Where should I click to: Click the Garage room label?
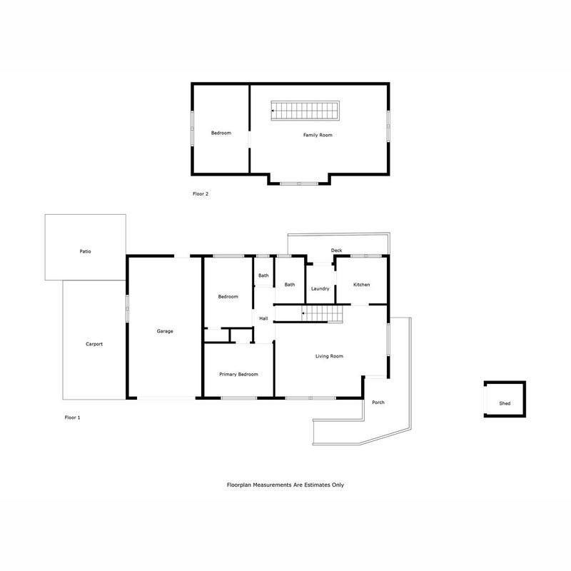click(x=165, y=331)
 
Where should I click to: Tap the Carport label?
click(x=94, y=344)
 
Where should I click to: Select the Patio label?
click(x=85, y=251)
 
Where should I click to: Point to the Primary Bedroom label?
click(x=238, y=374)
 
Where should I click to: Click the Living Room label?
click(x=329, y=356)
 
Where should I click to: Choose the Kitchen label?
click(x=362, y=285)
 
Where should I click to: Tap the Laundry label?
click(x=320, y=289)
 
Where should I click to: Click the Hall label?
click(x=263, y=318)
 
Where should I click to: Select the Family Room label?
click(x=318, y=135)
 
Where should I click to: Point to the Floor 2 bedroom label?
click(x=221, y=133)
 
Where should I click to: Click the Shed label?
click(x=505, y=403)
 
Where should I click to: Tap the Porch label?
click(x=378, y=403)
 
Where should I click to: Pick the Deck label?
click(x=336, y=251)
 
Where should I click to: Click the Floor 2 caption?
click(x=201, y=194)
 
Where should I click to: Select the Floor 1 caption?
click(x=73, y=418)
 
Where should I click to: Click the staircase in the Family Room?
click(x=305, y=111)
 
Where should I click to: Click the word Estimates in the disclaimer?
click(x=307, y=485)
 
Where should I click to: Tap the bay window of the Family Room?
click(x=299, y=183)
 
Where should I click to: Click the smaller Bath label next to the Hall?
click(x=263, y=276)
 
